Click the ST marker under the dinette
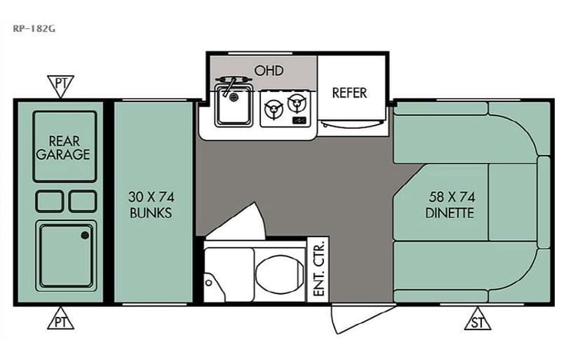tap(477, 319)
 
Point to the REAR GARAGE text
tap(69, 147)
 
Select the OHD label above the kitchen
tap(269, 71)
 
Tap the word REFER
tap(349, 93)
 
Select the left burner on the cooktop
tap(272, 112)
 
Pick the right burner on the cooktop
tap(296, 104)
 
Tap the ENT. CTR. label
tap(318, 269)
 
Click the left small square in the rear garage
tap(49, 201)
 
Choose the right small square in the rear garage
tap(82, 201)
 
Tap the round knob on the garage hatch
tap(84, 236)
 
